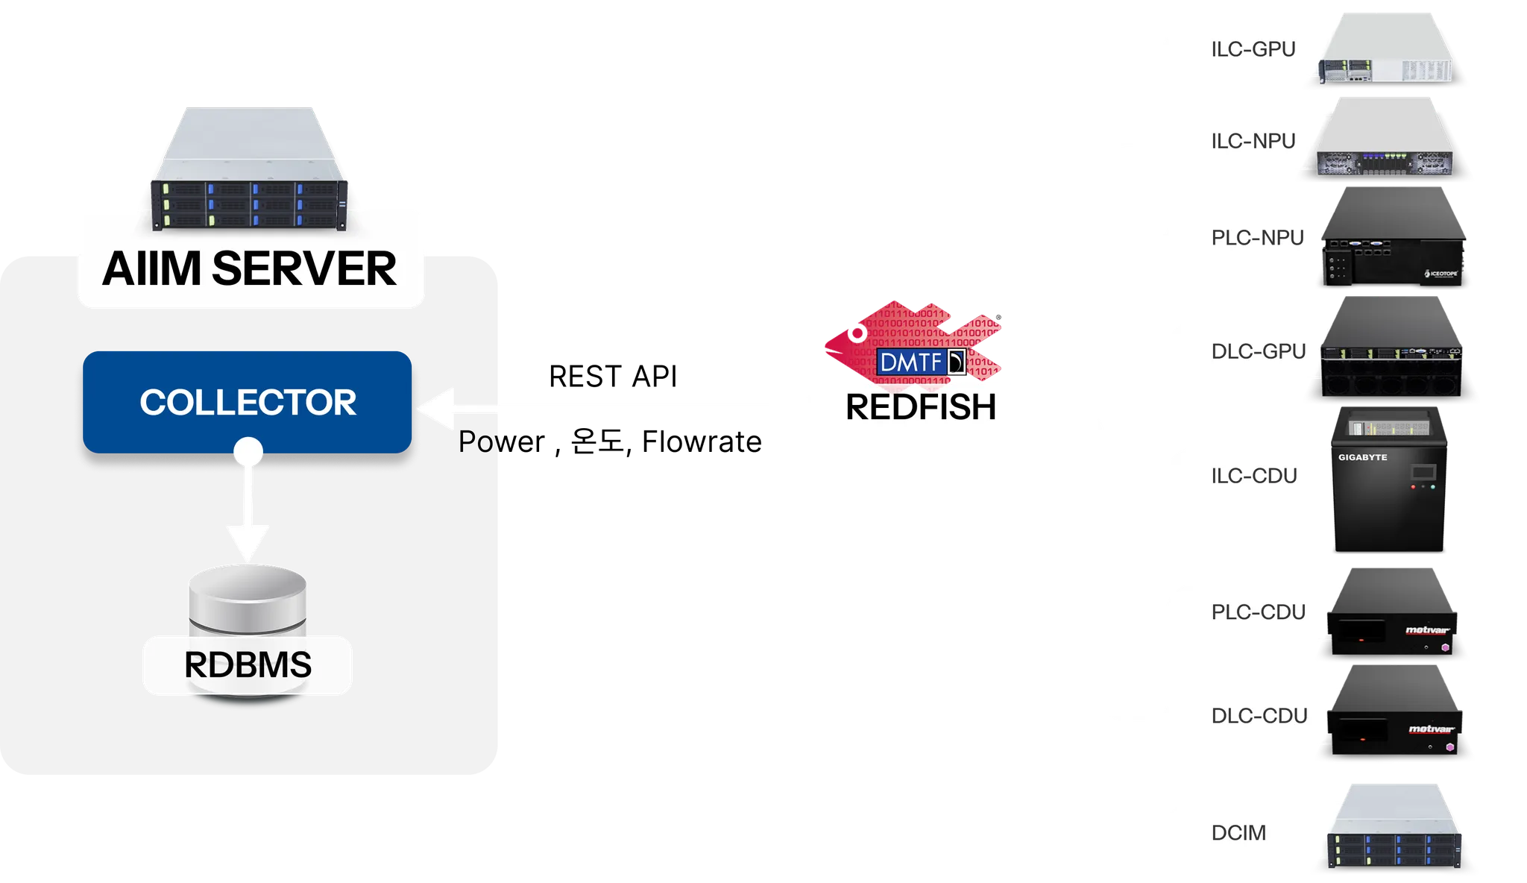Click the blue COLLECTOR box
click(x=248, y=402)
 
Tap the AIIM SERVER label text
click(x=250, y=268)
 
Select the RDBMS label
click(x=248, y=665)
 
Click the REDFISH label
click(x=921, y=407)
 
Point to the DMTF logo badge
click(x=922, y=362)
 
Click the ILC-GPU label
click(x=1253, y=49)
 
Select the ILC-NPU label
click(x=1253, y=141)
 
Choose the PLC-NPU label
click(x=1258, y=238)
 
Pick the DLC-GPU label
click(x=1259, y=351)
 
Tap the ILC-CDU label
click(x=1254, y=476)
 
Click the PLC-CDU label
click(x=1259, y=612)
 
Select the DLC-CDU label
click(x=1259, y=716)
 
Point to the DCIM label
click(x=1238, y=832)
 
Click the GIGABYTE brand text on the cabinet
click(x=1362, y=457)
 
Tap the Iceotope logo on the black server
click(x=1440, y=274)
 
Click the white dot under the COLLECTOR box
click(x=248, y=451)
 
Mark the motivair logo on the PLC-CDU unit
click(x=1427, y=631)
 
